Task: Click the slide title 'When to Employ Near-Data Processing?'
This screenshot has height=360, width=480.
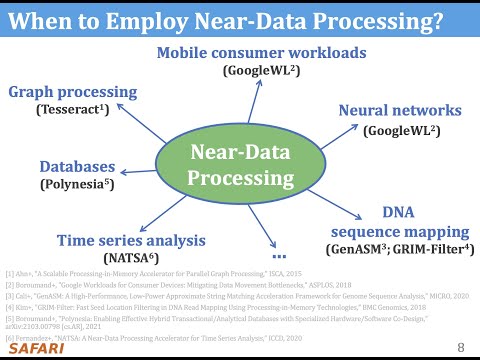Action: (239, 20)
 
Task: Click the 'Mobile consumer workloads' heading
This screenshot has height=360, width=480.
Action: (243, 54)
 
